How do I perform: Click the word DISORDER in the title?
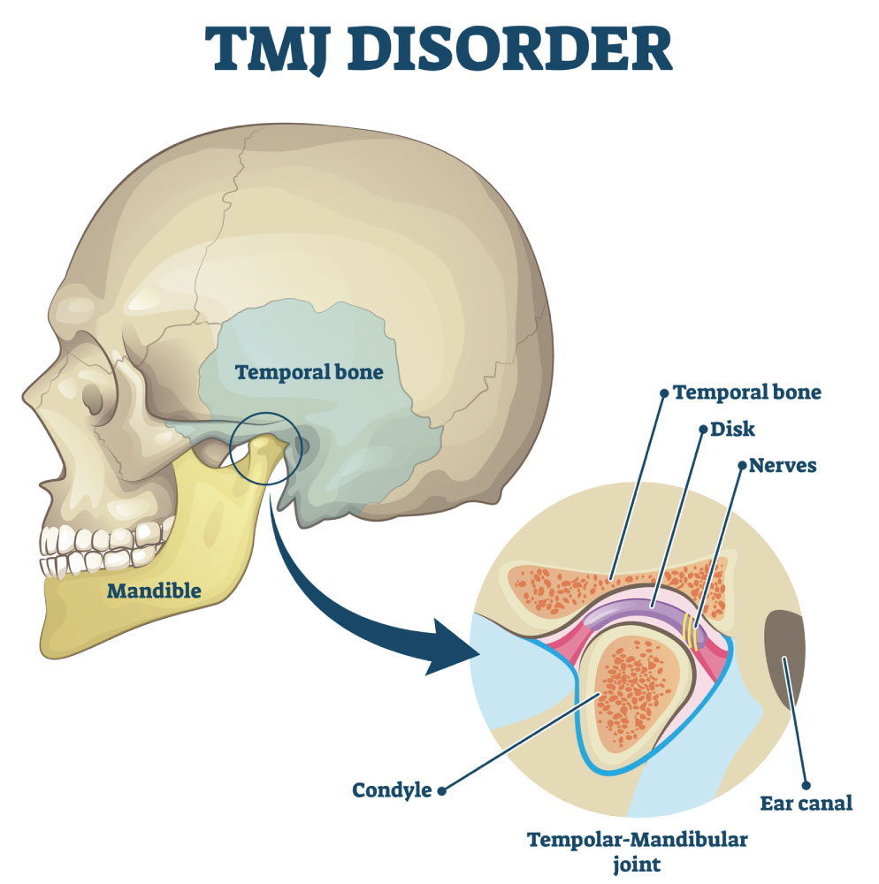[x=509, y=49]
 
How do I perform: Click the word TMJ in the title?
[x=265, y=50]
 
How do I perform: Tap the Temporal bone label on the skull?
[x=309, y=373]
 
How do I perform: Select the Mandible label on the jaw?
[x=154, y=591]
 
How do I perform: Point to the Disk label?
[x=732, y=430]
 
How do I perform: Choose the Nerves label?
[x=783, y=466]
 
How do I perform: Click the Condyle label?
[x=392, y=790]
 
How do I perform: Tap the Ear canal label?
[x=806, y=804]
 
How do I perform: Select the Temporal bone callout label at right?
[x=747, y=392]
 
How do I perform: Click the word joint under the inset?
[x=637, y=865]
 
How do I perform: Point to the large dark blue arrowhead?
[x=452, y=647]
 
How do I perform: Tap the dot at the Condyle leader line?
[x=442, y=791]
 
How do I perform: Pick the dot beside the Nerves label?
[x=743, y=465]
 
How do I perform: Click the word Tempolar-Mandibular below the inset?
[x=637, y=840]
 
